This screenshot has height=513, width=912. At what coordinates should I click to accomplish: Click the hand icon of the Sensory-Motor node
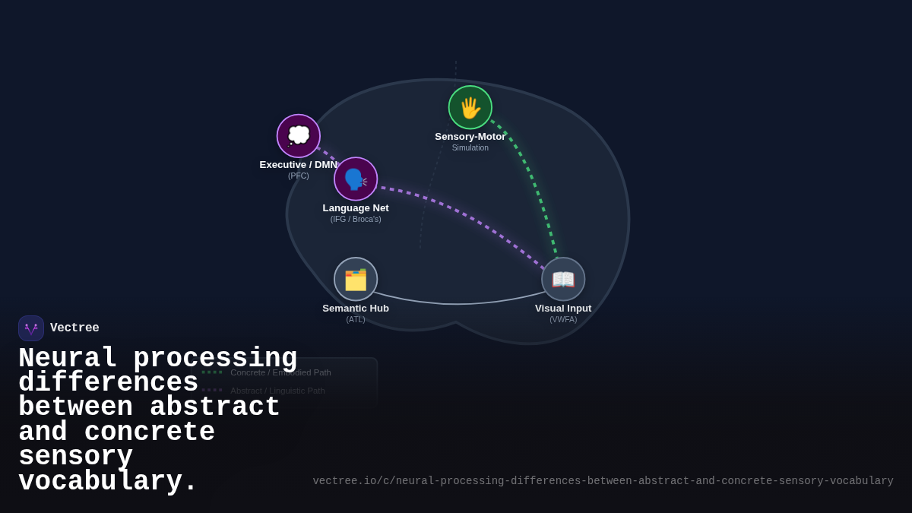pos(470,107)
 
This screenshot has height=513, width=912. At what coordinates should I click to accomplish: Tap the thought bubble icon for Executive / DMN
pos(299,136)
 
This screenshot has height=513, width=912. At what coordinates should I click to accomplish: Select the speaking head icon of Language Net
pos(356,179)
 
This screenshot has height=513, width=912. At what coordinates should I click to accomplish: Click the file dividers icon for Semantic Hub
pos(356,279)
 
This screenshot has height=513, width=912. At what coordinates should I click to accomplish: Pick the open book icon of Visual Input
pos(563,279)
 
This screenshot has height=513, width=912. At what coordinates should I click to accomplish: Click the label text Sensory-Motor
pos(470,137)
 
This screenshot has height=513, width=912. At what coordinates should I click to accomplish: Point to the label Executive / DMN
pos(299,165)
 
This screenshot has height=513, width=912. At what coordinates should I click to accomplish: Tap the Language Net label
pos(356,208)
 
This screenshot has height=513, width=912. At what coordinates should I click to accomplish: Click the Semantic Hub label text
pos(356,309)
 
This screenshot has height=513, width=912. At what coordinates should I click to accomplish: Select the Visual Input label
pos(563,309)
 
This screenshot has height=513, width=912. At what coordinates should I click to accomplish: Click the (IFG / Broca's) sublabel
pos(356,220)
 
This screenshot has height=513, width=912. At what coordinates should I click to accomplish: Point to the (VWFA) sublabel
pos(563,320)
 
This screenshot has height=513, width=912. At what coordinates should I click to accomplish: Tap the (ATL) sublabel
pos(356,320)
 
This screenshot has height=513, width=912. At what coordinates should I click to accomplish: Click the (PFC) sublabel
pos(299,176)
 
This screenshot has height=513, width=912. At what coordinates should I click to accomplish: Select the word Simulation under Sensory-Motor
pos(470,148)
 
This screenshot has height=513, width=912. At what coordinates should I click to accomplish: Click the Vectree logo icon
pos(31,328)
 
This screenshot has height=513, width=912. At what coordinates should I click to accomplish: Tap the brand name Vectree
pos(74,328)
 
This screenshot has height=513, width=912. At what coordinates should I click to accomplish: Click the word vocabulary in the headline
pos(107,482)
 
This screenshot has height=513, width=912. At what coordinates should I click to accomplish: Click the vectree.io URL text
pos(603,481)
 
